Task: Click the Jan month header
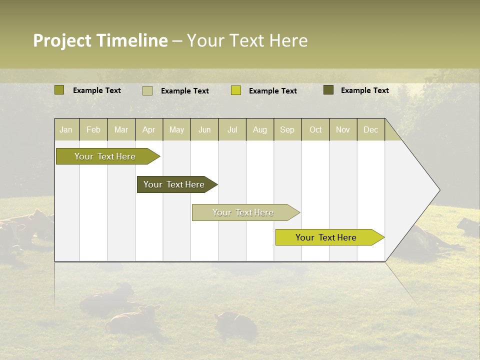point(66,129)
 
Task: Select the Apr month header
point(148,129)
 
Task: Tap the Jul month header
point(232,129)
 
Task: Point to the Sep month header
point(287,129)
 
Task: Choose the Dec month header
point(370,129)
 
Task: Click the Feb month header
point(93,129)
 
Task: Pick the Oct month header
point(315,129)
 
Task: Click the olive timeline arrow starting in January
point(105,156)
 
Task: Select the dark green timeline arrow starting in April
point(174,184)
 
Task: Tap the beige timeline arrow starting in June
point(243,212)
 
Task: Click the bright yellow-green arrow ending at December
point(326,237)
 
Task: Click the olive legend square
point(59,90)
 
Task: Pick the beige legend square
point(147,90)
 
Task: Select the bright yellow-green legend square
point(236,90)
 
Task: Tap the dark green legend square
point(328,90)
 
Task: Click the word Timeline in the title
point(132,40)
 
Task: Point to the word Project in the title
point(62,40)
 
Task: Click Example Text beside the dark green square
point(364,90)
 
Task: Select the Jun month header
point(204,129)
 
